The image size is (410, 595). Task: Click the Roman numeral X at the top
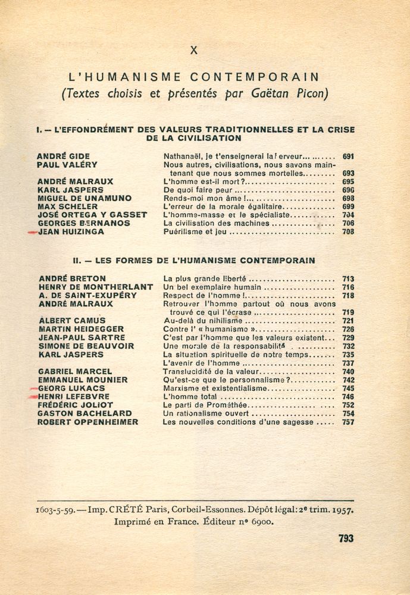[193, 51]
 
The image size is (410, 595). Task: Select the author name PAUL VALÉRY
[67, 165]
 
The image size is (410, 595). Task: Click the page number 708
[348, 232]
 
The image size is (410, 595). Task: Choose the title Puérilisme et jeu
[195, 232]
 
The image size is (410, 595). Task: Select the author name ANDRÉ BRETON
[72, 278]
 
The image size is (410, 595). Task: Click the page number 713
[348, 278]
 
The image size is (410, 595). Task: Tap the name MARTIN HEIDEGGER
[82, 329]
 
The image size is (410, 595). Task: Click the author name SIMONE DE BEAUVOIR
[86, 346]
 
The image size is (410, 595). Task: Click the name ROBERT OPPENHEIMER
[87, 422]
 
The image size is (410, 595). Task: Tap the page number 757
[348, 422]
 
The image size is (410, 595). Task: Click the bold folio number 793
[346, 538]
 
